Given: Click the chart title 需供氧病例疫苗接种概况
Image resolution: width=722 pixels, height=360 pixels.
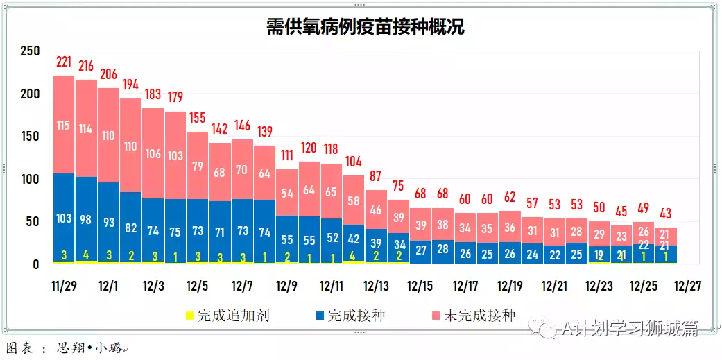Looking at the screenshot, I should (366, 27).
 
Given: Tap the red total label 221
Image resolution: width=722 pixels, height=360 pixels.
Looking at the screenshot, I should (64, 62).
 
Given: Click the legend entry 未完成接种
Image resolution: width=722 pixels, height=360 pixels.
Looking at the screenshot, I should (479, 316).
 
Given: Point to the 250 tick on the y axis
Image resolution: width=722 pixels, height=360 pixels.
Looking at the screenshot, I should (30, 51).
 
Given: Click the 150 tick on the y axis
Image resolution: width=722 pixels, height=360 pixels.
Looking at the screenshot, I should (30, 137).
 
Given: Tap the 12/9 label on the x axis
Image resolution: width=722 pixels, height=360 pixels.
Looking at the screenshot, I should (286, 286).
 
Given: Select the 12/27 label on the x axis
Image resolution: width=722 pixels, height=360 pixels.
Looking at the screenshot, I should (686, 286).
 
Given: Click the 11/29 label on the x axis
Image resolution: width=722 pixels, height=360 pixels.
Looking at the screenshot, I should (64, 286).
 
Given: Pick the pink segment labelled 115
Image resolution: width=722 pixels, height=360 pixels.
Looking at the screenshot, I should (64, 126).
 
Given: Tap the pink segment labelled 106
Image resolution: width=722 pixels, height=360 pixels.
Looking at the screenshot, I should (153, 154).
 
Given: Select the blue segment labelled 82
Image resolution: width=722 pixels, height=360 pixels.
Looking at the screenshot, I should (131, 227).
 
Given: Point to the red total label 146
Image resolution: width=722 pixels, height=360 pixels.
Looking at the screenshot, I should (242, 126).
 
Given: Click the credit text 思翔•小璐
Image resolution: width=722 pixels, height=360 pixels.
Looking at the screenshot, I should (91, 348).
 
